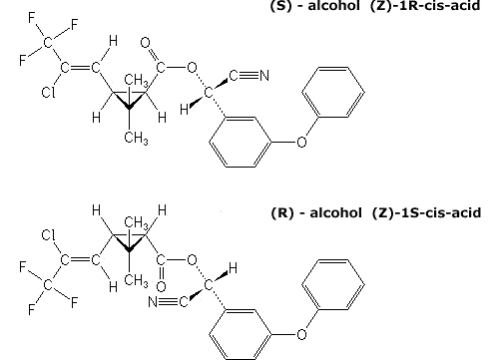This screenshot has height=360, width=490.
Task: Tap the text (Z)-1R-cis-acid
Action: click(425, 6)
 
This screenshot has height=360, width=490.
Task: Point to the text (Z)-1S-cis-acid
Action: click(426, 212)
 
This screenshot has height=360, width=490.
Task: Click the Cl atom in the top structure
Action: click(48, 92)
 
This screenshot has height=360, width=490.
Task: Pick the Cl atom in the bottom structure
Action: click(48, 235)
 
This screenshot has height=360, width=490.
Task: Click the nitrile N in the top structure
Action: click(264, 76)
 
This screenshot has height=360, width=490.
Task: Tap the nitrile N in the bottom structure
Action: click(153, 302)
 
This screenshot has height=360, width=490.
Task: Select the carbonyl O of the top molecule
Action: click(146, 43)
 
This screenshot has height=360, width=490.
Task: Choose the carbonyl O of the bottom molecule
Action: click(161, 286)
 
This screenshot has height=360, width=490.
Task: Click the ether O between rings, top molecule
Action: click(301, 142)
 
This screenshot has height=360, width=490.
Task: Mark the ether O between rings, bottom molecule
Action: click(301, 334)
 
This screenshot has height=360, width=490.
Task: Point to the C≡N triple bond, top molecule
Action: click(248, 76)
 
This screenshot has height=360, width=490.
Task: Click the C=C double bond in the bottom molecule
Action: click(80, 259)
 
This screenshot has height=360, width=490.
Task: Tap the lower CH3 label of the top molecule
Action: click(136, 138)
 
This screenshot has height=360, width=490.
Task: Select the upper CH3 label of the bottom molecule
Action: click(136, 222)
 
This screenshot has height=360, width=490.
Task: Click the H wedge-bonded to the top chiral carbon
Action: click(184, 109)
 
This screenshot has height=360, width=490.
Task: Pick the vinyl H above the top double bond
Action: click(113, 41)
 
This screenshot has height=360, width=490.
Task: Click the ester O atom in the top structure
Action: click(192, 67)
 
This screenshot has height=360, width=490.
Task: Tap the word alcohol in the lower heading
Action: click(335, 212)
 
